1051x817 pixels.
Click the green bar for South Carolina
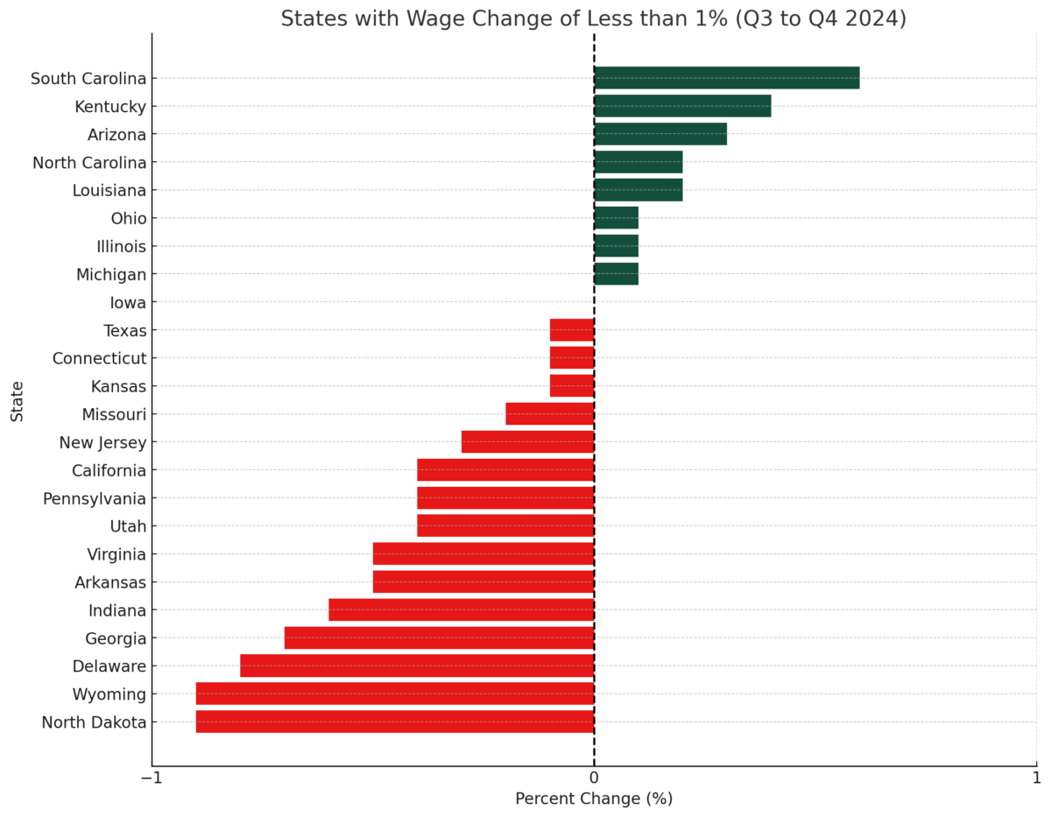[x=726, y=78]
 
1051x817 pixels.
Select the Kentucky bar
[x=682, y=106]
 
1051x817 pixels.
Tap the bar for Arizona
[x=660, y=134]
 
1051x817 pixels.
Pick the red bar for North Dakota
[x=395, y=722]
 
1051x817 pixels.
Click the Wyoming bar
[x=395, y=694]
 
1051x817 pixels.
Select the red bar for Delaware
[x=417, y=666]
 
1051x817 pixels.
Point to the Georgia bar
[x=439, y=638]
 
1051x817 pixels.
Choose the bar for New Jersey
[x=527, y=442]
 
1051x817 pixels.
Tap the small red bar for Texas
[x=572, y=330]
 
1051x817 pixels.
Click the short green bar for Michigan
[x=616, y=274]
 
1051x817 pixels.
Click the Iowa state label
[x=128, y=303]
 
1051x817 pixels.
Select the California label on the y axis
[x=109, y=471]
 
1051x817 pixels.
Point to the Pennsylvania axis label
[x=95, y=499]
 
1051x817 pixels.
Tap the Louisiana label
[x=109, y=191]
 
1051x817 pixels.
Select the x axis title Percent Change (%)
[x=594, y=799]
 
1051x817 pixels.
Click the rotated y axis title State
[x=18, y=401]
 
